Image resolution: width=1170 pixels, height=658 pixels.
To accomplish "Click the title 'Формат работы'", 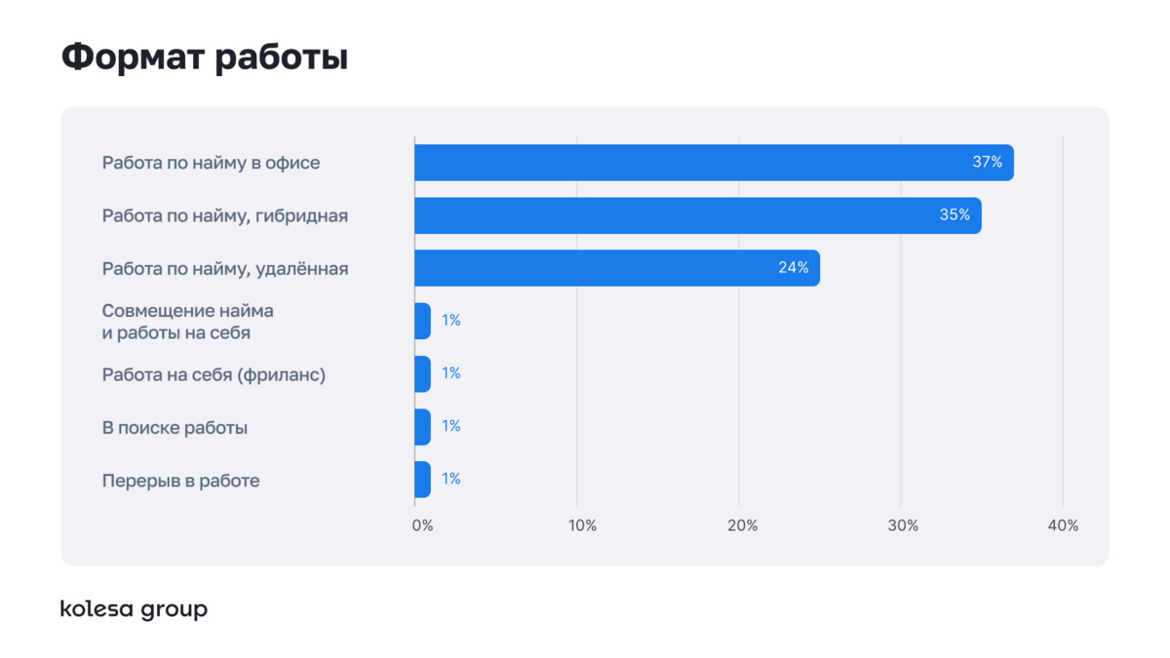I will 204,57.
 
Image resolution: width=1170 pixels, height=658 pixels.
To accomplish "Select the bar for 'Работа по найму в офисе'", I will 713,163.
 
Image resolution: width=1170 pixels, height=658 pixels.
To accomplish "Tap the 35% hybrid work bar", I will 697,215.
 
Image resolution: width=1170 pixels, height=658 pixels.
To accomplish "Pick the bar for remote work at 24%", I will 616,268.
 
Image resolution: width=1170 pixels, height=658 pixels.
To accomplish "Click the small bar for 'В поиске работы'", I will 422,427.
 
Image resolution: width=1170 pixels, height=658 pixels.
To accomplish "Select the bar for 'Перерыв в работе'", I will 422,480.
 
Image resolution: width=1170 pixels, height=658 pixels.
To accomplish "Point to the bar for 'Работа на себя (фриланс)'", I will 422,374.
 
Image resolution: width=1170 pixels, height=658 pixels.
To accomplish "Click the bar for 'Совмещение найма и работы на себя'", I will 422,321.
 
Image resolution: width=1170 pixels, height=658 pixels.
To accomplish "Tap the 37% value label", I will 987,163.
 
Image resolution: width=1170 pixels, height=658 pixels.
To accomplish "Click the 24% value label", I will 793,268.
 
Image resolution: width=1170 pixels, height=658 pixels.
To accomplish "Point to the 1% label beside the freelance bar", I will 450,374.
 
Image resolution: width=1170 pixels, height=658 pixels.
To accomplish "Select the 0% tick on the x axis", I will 422,525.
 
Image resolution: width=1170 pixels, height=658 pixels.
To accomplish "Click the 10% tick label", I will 582,525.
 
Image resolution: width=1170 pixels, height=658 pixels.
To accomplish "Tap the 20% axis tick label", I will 742,525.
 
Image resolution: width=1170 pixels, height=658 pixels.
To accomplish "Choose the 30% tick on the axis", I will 903,525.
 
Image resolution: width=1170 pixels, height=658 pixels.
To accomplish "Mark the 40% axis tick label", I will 1063,525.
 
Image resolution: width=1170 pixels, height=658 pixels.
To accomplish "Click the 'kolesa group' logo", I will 134,609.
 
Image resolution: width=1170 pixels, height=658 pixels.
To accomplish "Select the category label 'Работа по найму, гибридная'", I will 224,215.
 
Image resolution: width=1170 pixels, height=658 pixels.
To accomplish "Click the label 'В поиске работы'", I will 175,427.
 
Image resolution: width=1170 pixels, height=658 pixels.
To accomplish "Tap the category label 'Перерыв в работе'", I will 180,481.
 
